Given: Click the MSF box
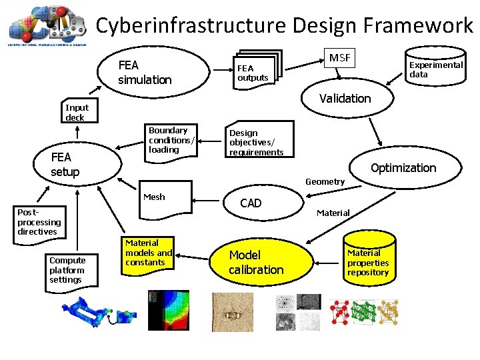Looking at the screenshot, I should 339,59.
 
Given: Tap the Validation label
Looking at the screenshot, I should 345,99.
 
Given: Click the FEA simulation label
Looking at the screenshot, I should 145,73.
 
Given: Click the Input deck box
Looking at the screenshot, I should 77,112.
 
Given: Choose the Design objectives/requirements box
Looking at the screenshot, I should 258,141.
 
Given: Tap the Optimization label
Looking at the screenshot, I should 403,168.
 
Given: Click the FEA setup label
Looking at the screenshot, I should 65,165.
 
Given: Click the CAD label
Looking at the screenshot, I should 251,203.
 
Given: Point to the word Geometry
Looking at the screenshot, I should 325,181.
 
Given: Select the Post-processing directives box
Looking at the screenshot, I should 39,222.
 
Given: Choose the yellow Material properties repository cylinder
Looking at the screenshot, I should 368,261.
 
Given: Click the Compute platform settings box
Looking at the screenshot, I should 68,270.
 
